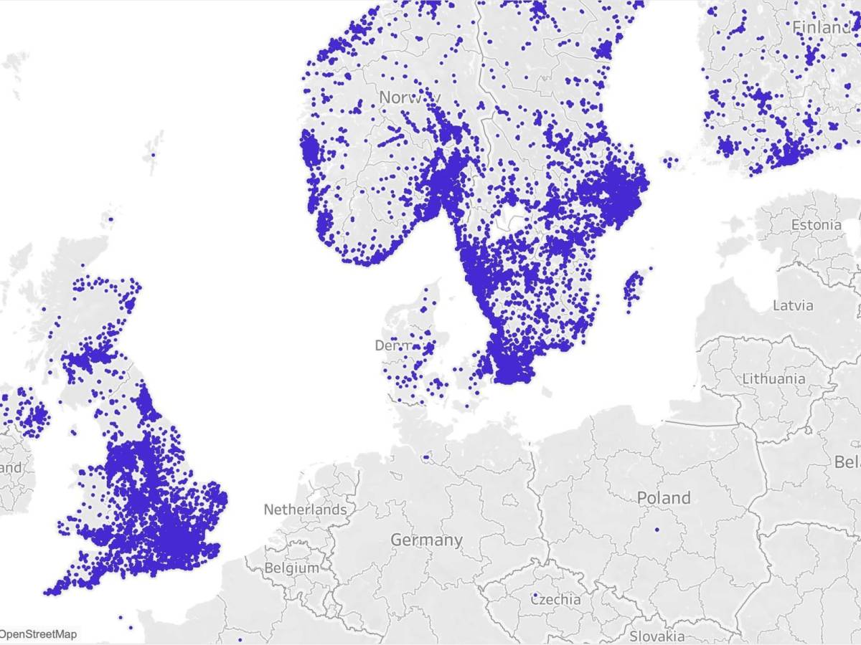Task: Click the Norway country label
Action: coord(410,97)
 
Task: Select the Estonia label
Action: coord(817,225)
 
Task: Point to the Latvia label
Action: coord(793,305)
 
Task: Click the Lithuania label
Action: coord(773,378)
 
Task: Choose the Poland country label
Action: coord(664,497)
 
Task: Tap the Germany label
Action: coord(426,540)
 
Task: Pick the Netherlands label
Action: coord(305,510)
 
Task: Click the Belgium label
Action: coord(291,568)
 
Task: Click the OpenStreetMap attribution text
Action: coord(39,634)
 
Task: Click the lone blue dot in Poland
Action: coord(657,530)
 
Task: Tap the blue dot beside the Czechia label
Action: coord(535,595)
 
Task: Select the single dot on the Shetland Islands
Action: coord(152,153)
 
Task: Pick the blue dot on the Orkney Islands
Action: coord(110,219)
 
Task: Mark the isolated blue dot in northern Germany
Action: coord(425,456)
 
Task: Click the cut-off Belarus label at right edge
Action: coord(847,462)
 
